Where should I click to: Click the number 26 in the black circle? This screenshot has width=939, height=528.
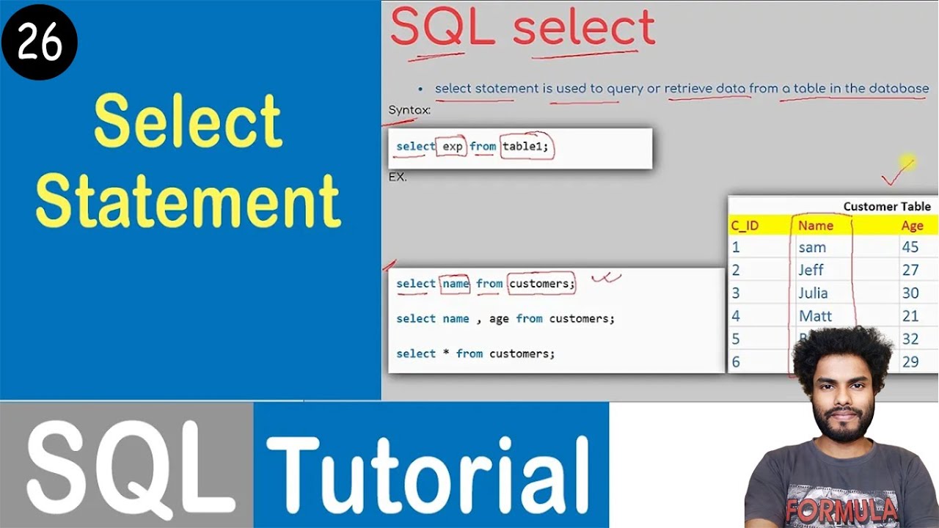click(39, 44)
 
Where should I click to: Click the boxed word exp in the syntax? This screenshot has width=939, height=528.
click(453, 147)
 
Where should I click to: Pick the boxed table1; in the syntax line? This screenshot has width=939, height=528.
click(526, 147)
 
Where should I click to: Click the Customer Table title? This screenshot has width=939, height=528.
click(886, 207)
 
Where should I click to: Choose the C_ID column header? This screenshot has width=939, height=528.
click(745, 226)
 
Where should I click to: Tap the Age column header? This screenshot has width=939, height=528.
click(912, 226)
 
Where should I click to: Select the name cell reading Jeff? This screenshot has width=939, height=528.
click(811, 270)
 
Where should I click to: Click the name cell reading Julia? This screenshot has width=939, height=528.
click(813, 293)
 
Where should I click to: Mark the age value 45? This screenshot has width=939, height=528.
click(910, 247)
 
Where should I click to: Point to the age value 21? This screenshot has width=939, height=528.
click(910, 316)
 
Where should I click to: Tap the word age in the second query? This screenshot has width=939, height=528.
click(499, 319)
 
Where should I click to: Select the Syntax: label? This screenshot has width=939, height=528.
click(409, 111)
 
